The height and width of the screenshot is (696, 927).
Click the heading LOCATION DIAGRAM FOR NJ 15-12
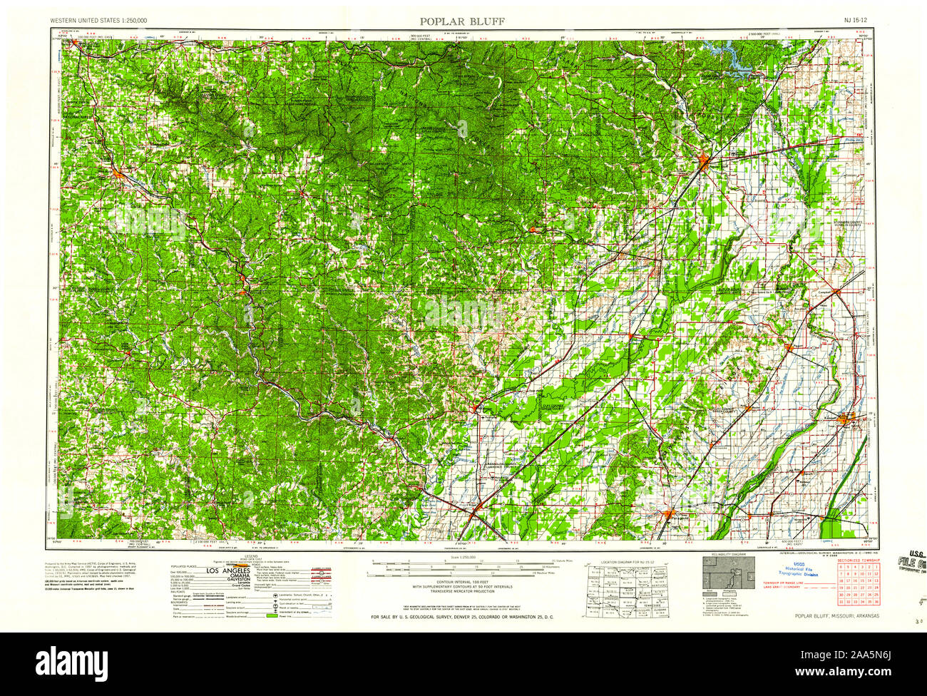click(x=625, y=562)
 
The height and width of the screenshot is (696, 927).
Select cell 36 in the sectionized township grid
click(x=877, y=603)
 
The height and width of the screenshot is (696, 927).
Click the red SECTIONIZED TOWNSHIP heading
click(x=859, y=561)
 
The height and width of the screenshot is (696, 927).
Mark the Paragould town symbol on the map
click(x=668, y=513)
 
